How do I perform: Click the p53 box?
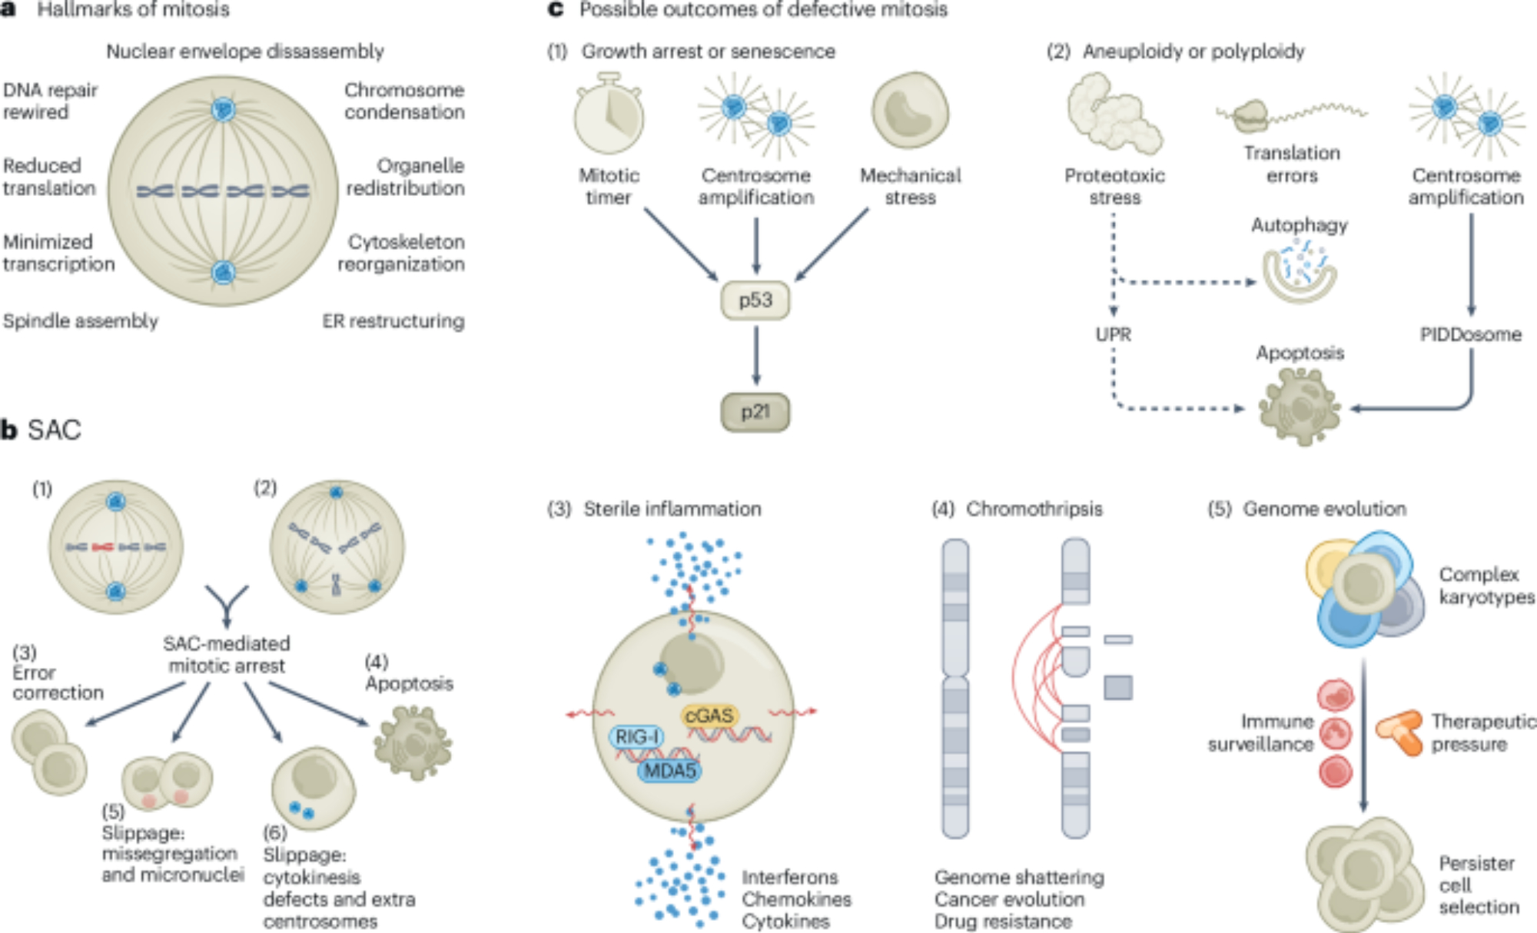[x=755, y=300]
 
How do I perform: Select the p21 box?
[x=755, y=413]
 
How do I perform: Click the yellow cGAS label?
[x=709, y=716]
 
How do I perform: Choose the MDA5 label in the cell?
[x=669, y=770]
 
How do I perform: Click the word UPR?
[x=1113, y=334]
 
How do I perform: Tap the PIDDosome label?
[x=1470, y=334]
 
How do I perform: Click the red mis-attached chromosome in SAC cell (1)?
[x=102, y=547]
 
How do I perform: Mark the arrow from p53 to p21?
[x=756, y=355]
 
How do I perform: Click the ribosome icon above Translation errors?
[x=1251, y=116]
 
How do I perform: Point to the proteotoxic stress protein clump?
[x=1114, y=115]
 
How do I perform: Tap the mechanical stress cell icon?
[x=910, y=111]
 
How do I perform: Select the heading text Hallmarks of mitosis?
[x=133, y=10]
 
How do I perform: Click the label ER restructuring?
[x=393, y=321]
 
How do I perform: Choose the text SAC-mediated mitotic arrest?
[x=227, y=655]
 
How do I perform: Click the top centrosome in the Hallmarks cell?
[x=224, y=109]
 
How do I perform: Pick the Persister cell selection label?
[x=1478, y=885]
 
